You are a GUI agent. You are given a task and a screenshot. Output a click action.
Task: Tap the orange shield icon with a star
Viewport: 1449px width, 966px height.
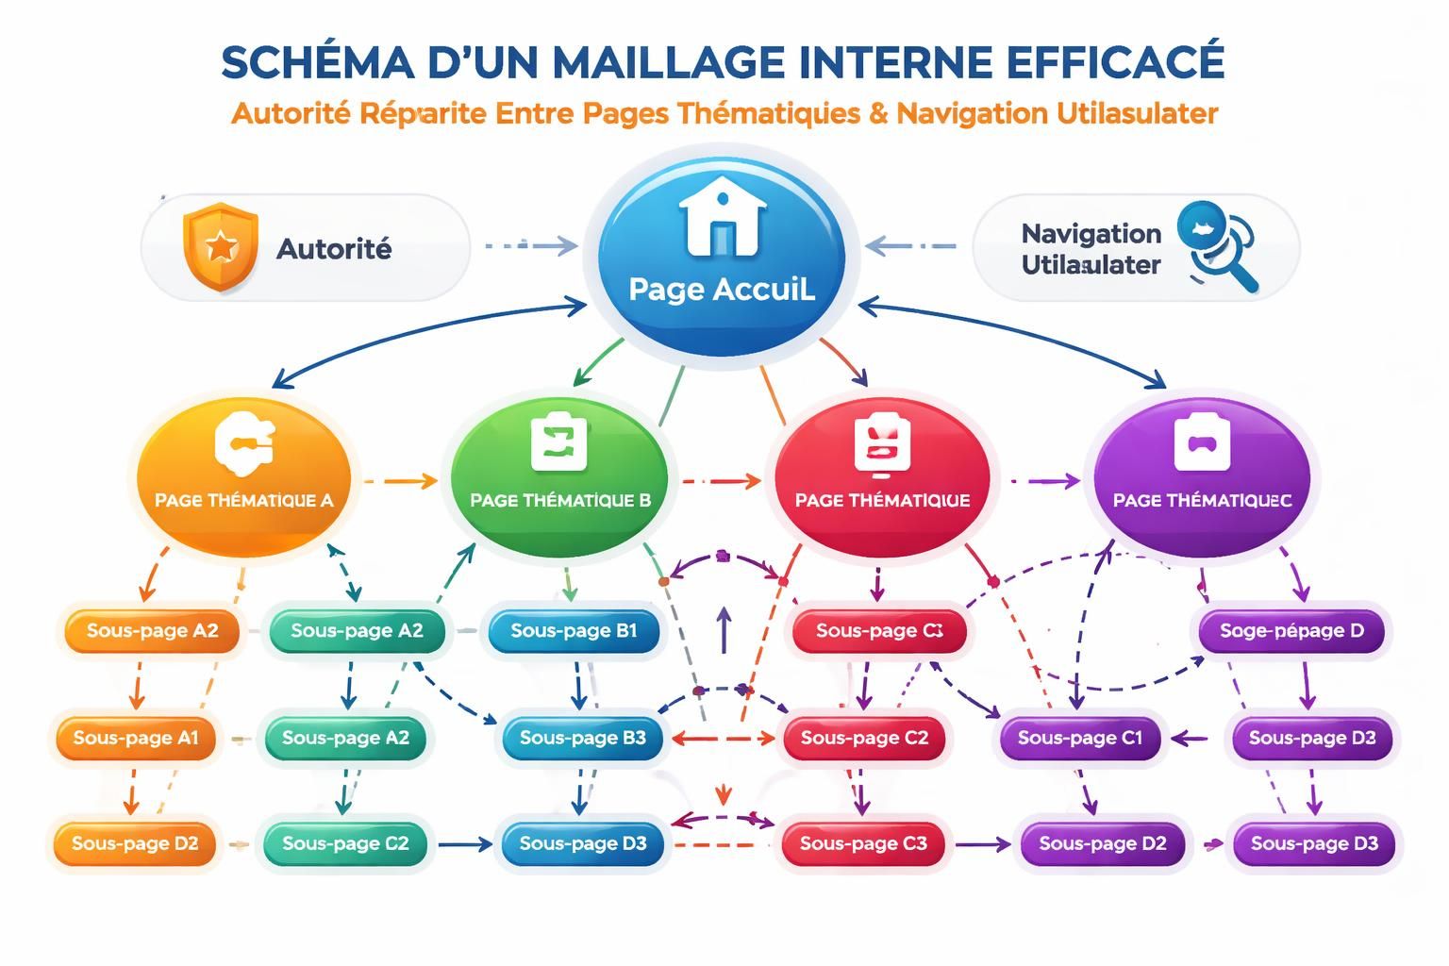[220, 248]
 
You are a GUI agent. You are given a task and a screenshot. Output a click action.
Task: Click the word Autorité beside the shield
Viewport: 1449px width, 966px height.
[333, 249]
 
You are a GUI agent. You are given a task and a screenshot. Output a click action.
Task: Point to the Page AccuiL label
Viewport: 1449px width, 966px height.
[722, 289]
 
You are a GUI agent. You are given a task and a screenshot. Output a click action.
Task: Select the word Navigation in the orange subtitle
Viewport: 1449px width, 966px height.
[971, 113]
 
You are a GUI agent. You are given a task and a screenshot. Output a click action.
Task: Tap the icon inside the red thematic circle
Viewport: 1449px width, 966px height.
[882, 443]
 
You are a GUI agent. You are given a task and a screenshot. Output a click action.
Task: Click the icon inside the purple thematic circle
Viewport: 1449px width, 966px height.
[1202, 442]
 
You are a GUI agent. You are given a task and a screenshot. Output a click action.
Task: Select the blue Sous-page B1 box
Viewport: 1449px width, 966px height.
[574, 631]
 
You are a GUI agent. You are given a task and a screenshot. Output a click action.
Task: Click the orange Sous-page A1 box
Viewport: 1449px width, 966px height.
[136, 738]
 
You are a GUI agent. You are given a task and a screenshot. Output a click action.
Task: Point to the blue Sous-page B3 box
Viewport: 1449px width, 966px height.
[582, 738]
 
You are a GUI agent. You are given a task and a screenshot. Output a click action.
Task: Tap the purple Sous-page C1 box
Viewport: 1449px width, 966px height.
[1079, 738]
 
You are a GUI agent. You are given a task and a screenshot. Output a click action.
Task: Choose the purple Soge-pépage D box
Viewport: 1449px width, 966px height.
[1291, 631]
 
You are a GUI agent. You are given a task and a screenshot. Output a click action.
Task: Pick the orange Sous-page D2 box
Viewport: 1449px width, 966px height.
[135, 843]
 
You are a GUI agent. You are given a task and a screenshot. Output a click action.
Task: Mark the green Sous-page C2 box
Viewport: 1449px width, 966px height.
[345, 843]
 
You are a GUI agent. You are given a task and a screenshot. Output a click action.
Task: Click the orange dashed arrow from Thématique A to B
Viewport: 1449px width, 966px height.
[400, 481]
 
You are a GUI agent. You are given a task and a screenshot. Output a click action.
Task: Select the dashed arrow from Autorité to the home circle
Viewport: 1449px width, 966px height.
[530, 246]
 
